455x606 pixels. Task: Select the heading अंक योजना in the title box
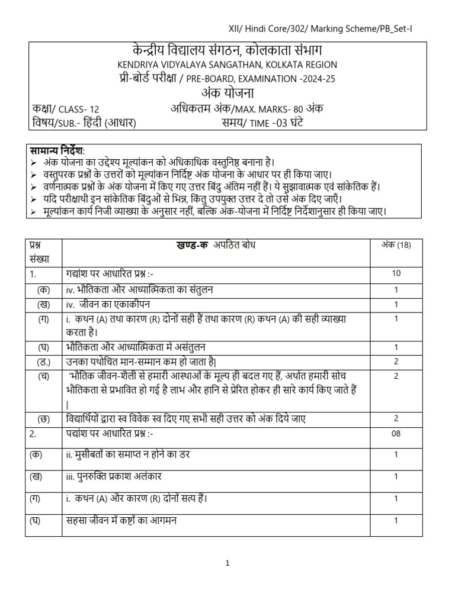coord(227,94)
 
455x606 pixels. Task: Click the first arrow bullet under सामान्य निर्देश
coord(33,162)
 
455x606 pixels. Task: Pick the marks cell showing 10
coord(396,273)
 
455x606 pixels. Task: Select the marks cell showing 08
coord(396,433)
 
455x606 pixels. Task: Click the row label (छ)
coord(43,418)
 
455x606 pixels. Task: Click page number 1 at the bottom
coord(227,564)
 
